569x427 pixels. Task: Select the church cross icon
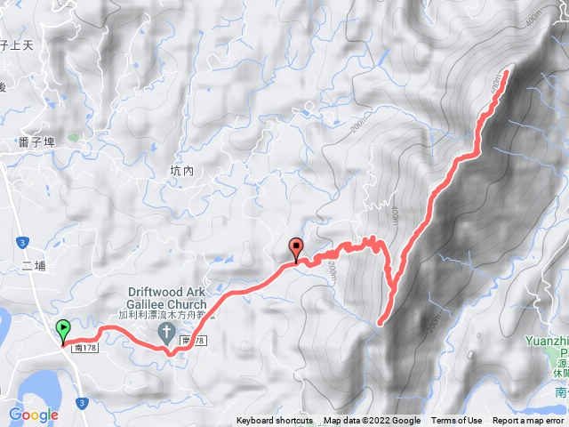point(166,332)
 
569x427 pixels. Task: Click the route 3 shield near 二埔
point(22,241)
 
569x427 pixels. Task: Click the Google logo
point(33,415)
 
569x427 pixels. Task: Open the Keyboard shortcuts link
point(275,421)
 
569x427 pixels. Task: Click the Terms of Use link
point(457,421)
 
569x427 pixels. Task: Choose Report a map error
point(528,421)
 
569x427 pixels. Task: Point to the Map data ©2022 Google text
point(372,421)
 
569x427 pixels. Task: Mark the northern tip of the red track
point(508,71)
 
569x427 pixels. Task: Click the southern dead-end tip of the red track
point(380,323)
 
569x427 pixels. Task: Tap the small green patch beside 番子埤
point(71,138)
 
